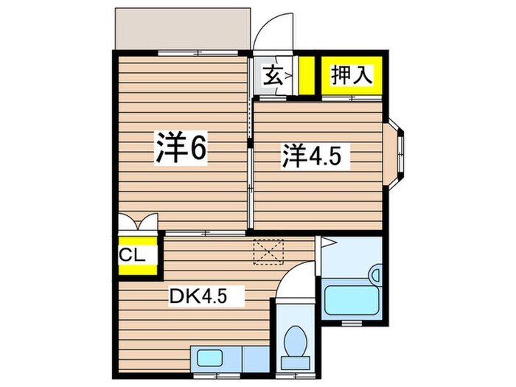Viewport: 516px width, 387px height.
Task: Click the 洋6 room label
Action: tap(180, 150)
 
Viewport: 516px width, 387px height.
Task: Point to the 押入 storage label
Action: tap(352, 75)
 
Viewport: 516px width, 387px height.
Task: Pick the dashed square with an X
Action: tap(268, 252)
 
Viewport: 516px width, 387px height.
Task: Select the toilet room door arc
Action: tap(295, 281)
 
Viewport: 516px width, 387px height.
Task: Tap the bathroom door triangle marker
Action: tap(327, 243)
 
